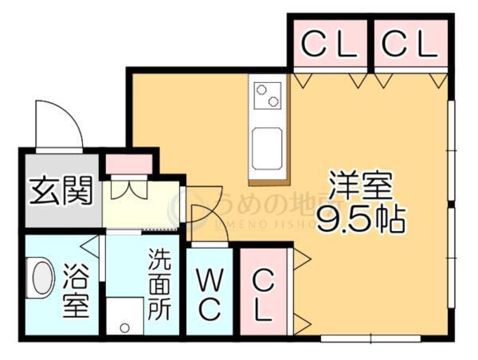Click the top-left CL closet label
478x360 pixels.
(x=328, y=45)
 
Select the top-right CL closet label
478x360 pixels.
(x=409, y=45)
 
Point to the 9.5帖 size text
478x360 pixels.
(x=361, y=220)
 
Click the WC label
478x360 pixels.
(x=210, y=292)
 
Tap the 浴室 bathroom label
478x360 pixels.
(x=76, y=292)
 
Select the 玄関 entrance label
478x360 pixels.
(x=61, y=191)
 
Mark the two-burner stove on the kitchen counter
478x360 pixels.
(x=268, y=95)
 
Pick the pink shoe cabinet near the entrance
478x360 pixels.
(x=128, y=165)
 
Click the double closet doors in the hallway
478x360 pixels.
(x=128, y=191)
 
